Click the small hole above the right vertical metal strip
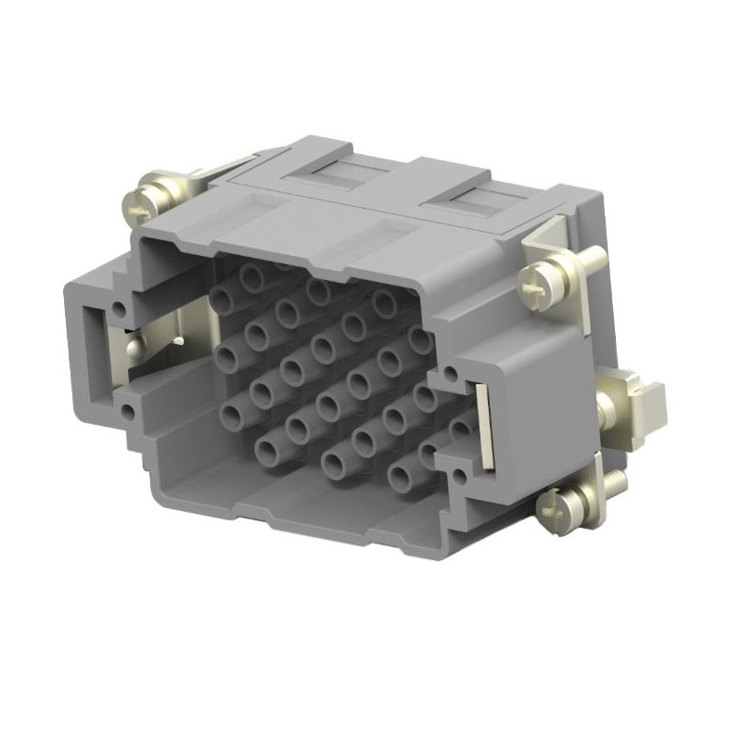(x=450, y=375)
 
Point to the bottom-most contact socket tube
(x=401, y=479)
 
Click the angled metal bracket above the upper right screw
(x=546, y=237)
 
